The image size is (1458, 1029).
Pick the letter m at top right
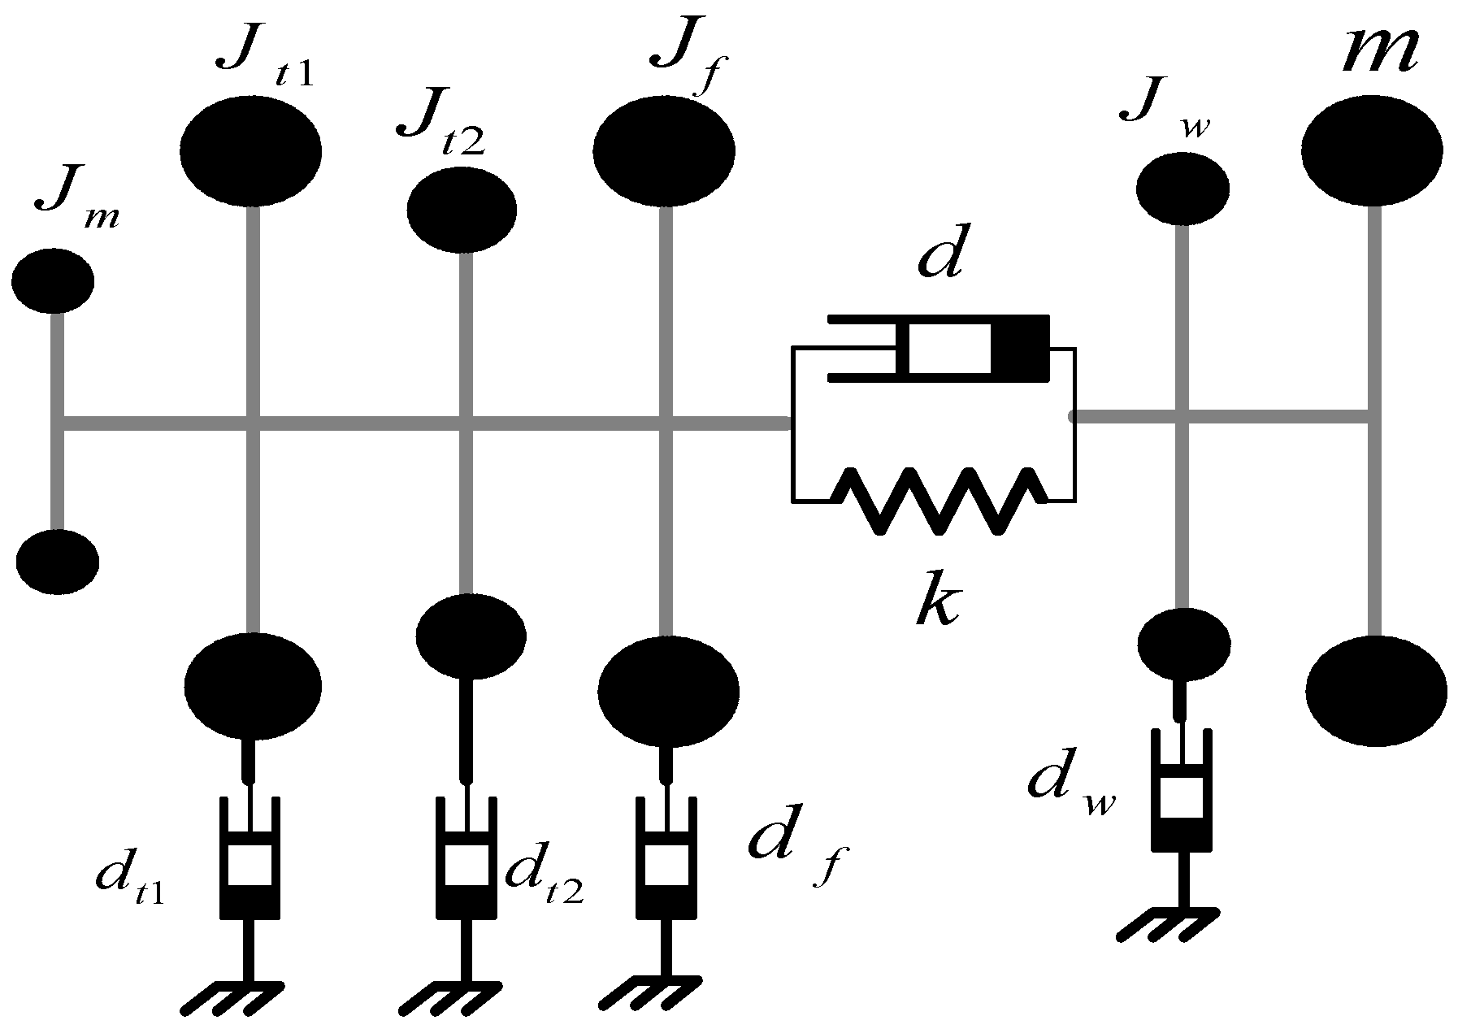click(1378, 52)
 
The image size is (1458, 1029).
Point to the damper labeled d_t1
click(250, 858)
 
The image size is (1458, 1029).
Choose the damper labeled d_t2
click(466, 858)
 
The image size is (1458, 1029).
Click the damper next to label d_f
click(666, 858)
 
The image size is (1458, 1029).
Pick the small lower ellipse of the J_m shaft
click(58, 561)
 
